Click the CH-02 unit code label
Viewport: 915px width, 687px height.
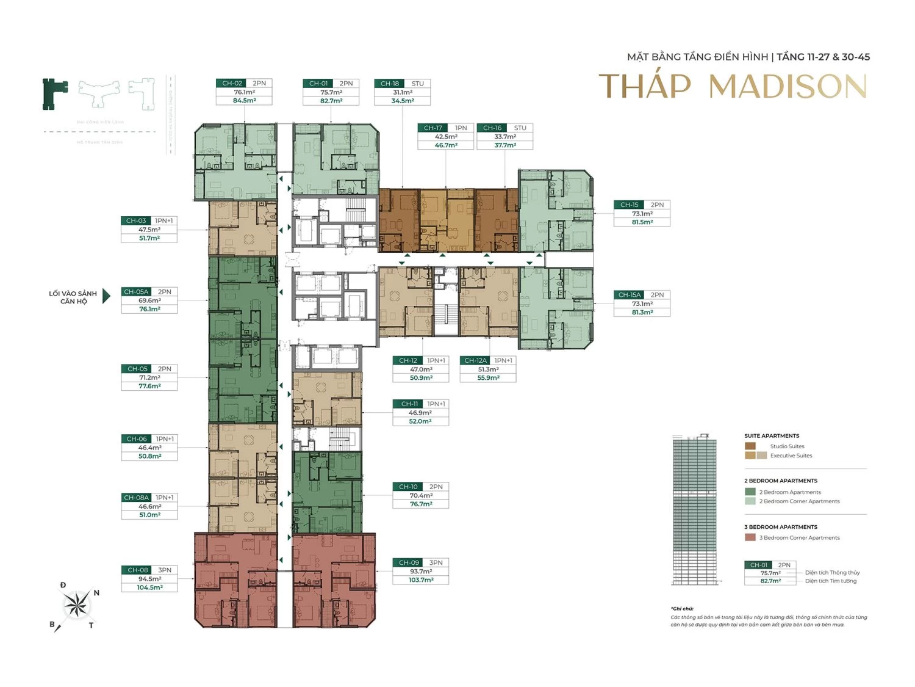232,84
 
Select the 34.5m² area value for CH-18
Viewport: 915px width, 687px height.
403,101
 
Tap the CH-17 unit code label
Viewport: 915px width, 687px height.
432,128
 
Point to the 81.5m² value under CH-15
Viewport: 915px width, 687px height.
642,222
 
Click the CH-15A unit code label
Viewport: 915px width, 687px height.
629,295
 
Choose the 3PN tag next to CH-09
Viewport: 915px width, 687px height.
436,563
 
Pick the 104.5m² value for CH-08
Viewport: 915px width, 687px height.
149,587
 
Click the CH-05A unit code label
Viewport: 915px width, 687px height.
136,292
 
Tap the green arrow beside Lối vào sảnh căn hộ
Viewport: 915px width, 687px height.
106,296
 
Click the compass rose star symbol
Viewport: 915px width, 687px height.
77,605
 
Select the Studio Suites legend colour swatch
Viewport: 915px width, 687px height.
750,446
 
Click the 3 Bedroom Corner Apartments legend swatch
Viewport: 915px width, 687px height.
750,538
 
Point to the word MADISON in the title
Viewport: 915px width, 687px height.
788,87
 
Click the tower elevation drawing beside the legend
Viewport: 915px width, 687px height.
694,510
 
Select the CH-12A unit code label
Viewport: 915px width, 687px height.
475,361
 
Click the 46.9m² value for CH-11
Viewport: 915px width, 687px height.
420,413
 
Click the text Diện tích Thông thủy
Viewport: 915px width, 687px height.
832,573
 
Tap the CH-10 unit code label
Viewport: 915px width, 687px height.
408,487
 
